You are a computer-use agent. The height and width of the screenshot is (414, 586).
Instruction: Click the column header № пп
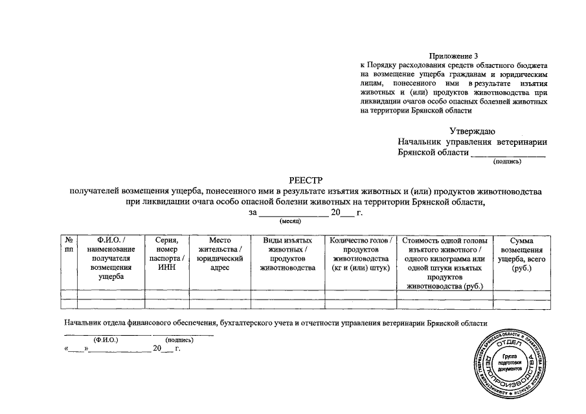pos(68,245)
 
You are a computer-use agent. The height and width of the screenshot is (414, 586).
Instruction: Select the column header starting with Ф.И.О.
pos(111,257)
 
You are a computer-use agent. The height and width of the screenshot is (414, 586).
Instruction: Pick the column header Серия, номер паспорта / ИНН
pos(166,253)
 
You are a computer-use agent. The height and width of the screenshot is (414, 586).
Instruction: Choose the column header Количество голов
pos(361,253)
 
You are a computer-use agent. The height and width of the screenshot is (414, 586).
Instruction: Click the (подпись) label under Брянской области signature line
pos(507,162)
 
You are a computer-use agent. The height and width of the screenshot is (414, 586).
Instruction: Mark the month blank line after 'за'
pos(293,214)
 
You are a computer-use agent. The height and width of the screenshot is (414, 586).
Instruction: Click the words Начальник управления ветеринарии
pos(472,142)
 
